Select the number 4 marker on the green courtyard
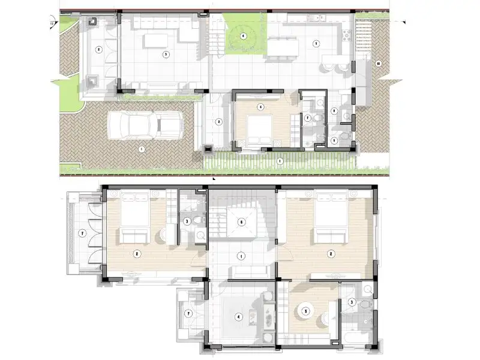tap(243, 36)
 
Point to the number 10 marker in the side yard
tap(378, 63)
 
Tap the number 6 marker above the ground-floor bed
tap(260, 107)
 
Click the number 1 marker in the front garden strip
tap(279, 160)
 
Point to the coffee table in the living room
tap(155, 41)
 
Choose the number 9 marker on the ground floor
tap(334, 140)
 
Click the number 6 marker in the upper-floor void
tap(241, 222)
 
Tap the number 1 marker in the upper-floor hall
tap(241, 256)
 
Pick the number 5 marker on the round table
tap(306, 311)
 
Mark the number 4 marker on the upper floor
tap(239, 317)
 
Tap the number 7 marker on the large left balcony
tap(83, 233)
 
